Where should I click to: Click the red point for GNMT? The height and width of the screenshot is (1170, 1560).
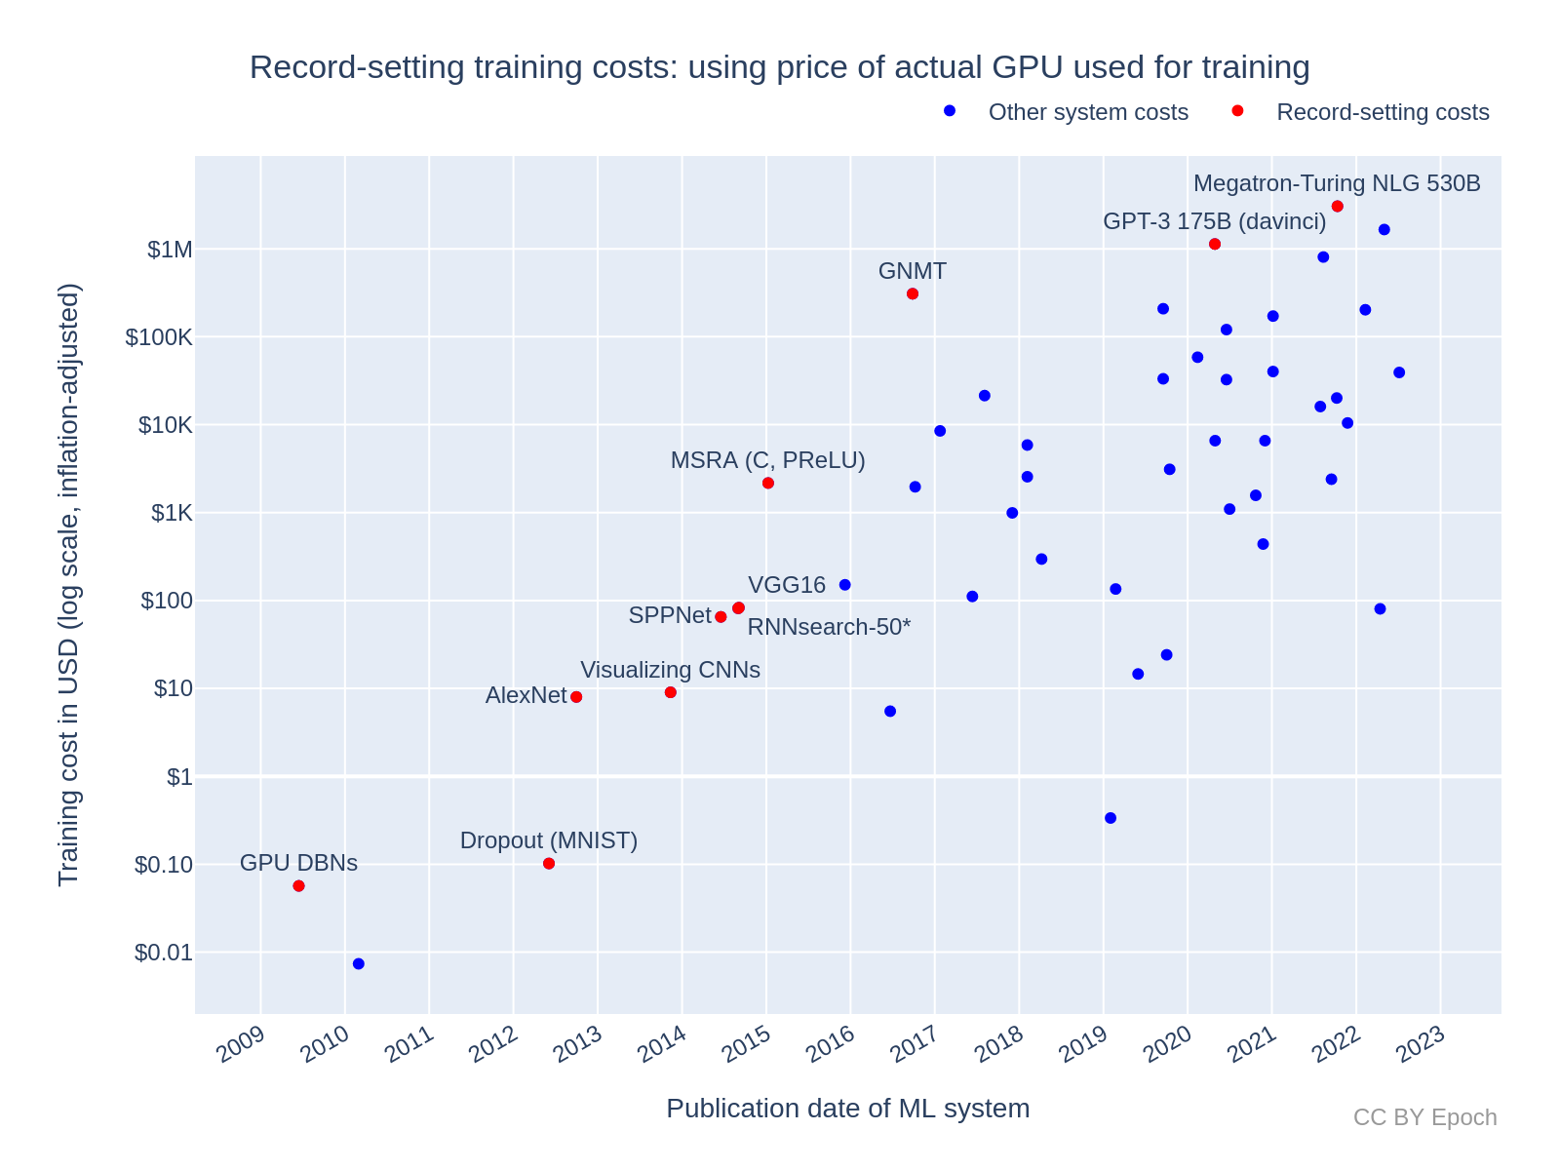pyautogui.click(x=913, y=293)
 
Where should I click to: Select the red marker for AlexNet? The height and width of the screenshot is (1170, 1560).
pyautogui.click(x=576, y=697)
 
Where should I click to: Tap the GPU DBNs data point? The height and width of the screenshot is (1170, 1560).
pyautogui.click(x=298, y=886)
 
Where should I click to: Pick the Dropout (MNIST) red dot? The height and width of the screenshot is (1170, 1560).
pyautogui.click(x=549, y=864)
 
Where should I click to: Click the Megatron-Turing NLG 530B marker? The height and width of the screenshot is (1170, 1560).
pyautogui.click(x=1338, y=207)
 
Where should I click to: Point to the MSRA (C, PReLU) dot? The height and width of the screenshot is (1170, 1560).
pyautogui.click(x=768, y=484)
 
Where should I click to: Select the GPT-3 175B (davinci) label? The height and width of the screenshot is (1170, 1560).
pyautogui.click(x=1214, y=222)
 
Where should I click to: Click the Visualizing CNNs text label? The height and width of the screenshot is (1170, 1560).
pyautogui.click(x=670, y=671)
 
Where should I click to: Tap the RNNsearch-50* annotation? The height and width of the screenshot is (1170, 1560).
pyautogui.click(x=829, y=627)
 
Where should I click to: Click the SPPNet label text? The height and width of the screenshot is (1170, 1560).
pyautogui.click(x=670, y=615)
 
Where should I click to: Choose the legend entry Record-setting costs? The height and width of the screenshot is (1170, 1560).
pyautogui.click(x=1383, y=112)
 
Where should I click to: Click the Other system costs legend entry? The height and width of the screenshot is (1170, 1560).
pyautogui.click(x=1088, y=112)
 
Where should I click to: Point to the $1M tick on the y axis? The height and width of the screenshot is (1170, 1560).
pyautogui.click(x=171, y=250)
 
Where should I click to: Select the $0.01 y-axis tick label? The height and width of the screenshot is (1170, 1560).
pyautogui.click(x=164, y=953)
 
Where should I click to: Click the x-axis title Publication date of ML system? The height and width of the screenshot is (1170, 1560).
pyautogui.click(x=847, y=1109)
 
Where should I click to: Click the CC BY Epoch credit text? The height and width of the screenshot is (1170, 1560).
pyautogui.click(x=1424, y=1117)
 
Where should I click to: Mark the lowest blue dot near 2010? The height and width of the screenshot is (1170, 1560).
pyautogui.click(x=359, y=964)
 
